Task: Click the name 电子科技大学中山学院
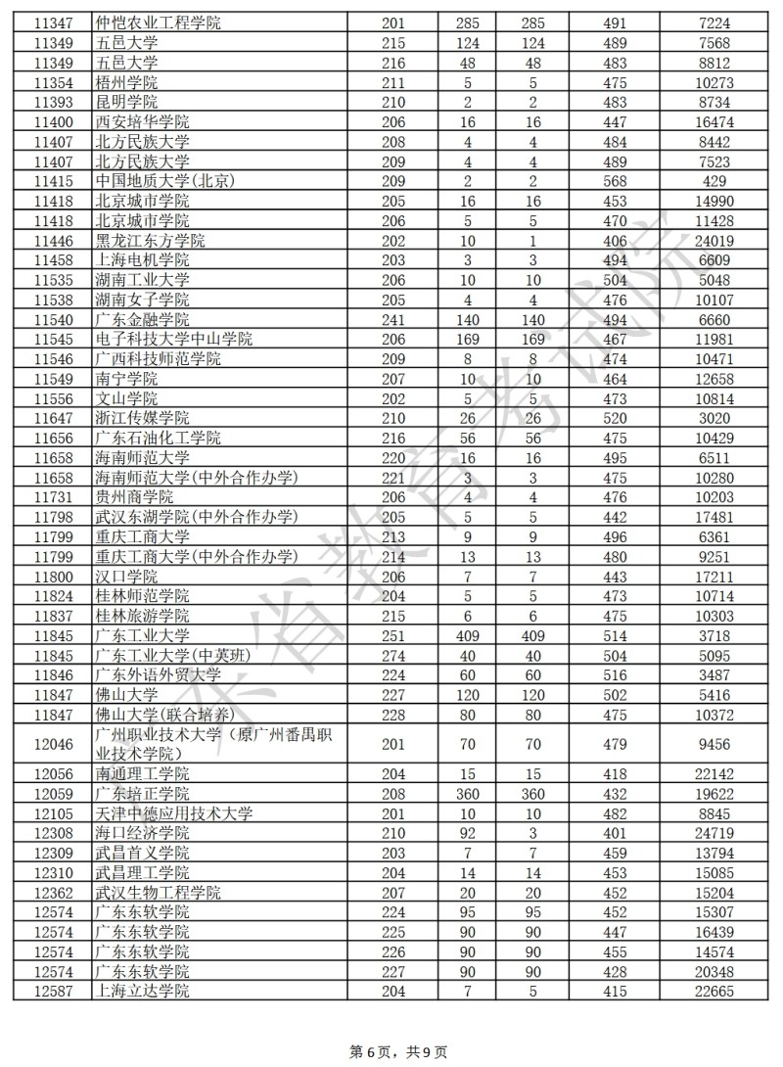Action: click(174, 339)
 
